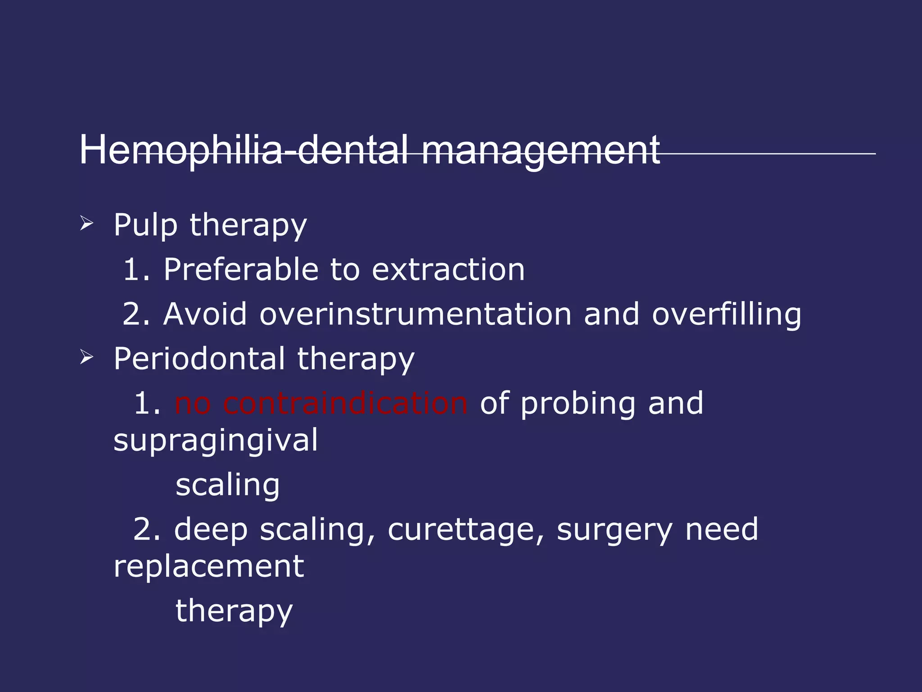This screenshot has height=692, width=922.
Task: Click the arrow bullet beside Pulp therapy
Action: tap(86, 223)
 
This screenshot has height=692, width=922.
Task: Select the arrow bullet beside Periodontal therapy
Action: tap(86, 357)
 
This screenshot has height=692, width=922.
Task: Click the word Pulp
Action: tap(145, 225)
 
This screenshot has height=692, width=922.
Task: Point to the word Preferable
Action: tap(241, 269)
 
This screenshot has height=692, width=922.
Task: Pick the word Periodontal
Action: tap(199, 359)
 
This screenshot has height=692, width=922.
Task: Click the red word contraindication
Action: tap(345, 403)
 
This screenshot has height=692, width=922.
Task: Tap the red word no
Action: tap(192, 403)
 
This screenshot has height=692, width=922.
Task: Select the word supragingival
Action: tap(215, 441)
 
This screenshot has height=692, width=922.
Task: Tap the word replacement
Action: tap(208, 566)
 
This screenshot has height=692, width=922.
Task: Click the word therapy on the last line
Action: tap(234, 611)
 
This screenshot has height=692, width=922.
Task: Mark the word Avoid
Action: tap(205, 314)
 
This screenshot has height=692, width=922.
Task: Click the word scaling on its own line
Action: tap(227, 485)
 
